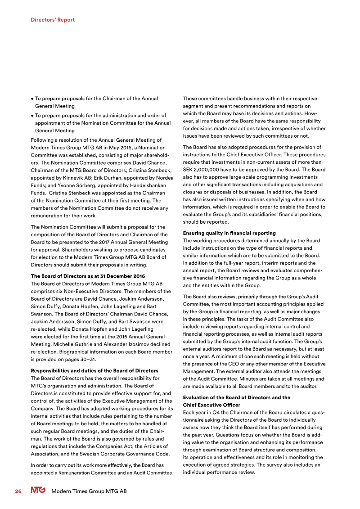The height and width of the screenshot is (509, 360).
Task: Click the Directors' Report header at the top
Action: [x=53, y=20]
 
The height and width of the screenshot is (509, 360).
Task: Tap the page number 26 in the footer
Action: [x=18, y=491]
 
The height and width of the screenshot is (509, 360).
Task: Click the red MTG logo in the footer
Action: [x=38, y=491]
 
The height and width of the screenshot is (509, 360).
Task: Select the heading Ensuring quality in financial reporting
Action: [x=229, y=233]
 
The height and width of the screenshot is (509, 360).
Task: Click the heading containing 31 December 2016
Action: [x=87, y=276]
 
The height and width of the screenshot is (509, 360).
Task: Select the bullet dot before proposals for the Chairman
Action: [x=32, y=99]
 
